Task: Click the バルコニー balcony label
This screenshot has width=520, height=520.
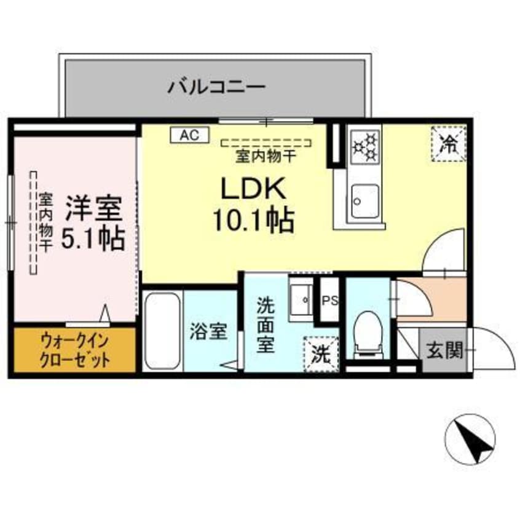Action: point(216,87)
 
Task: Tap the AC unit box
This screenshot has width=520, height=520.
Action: point(189,135)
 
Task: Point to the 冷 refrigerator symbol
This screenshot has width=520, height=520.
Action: point(449,144)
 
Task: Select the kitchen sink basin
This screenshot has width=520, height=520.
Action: point(364,200)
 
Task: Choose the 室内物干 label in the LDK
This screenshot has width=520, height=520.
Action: point(267,156)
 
